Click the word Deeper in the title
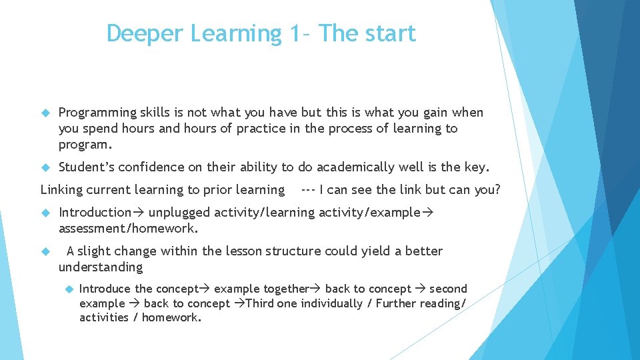[x=138, y=34]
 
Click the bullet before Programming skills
[x=45, y=113]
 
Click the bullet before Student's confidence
[x=45, y=167]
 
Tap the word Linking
[x=62, y=190]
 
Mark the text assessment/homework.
[x=128, y=229]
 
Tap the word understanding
[x=101, y=267]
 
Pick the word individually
[x=329, y=303]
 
